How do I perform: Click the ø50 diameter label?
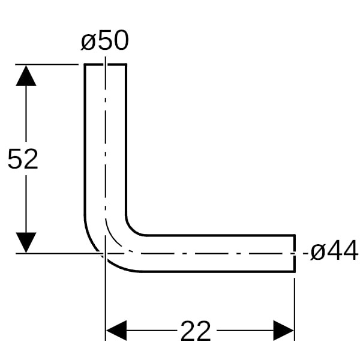(x=104, y=40)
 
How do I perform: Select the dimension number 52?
(x=23, y=159)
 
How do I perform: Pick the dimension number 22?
(x=196, y=331)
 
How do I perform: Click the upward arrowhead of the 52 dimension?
(x=26, y=76)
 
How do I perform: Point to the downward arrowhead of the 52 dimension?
(x=26, y=242)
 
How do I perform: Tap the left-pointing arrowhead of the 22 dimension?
(x=116, y=331)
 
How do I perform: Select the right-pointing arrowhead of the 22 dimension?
(x=284, y=331)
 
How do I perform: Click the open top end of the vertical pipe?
(x=106, y=65)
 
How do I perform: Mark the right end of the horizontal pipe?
(x=294, y=253)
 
